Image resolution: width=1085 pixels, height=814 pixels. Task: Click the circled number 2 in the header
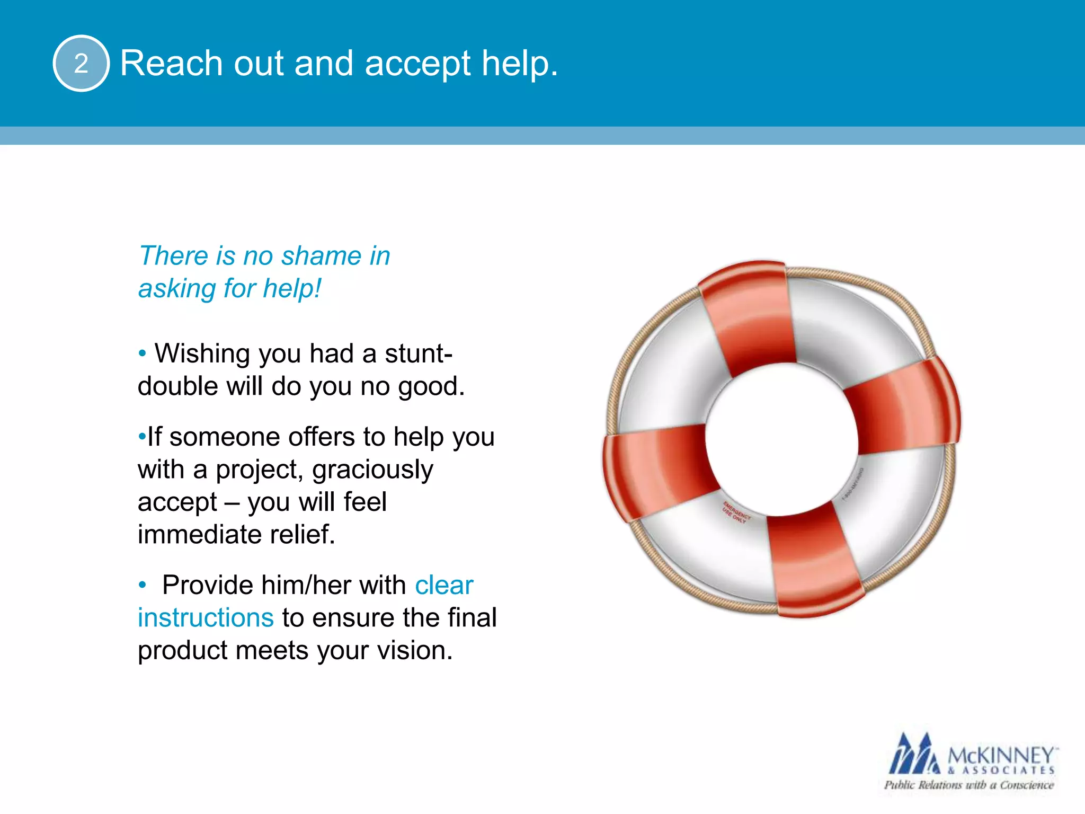[81, 64]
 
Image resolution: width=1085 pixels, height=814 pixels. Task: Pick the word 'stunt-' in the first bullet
[418, 353]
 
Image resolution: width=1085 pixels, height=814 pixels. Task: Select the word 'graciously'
[372, 470]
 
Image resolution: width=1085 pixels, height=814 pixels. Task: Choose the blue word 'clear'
[443, 586]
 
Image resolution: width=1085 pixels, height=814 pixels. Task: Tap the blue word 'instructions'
[206, 618]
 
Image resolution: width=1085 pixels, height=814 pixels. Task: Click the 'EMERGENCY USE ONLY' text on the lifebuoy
[736, 512]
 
